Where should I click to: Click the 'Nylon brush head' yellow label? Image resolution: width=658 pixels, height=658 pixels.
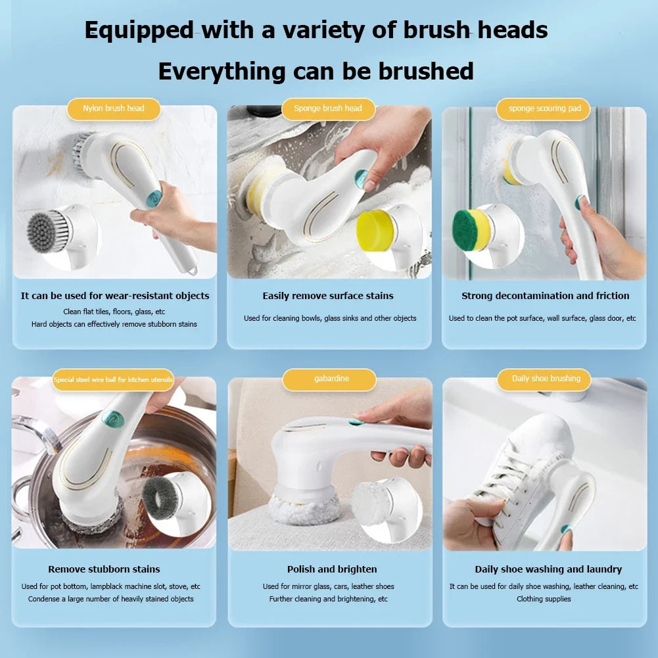[114, 108]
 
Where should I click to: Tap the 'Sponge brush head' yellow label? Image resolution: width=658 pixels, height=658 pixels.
[328, 108]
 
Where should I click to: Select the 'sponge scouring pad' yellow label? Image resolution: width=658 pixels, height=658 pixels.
[544, 108]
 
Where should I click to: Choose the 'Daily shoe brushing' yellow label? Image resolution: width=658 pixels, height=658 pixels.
[546, 379]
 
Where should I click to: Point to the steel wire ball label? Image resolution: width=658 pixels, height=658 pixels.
[113, 379]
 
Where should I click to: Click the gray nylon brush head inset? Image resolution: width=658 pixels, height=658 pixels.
[49, 231]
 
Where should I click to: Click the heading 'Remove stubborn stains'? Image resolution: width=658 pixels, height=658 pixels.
[104, 569]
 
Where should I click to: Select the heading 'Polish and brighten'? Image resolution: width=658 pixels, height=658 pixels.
[332, 569]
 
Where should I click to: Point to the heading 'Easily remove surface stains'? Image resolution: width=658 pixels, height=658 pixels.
[328, 296]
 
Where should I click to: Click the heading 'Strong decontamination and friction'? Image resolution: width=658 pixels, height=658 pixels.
[545, 296]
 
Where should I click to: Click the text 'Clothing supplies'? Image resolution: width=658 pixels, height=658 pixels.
[544, 599]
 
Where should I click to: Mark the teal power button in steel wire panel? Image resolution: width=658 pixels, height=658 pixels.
[114, 418]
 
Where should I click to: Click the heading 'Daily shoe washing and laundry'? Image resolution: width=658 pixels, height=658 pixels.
[548, 569]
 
